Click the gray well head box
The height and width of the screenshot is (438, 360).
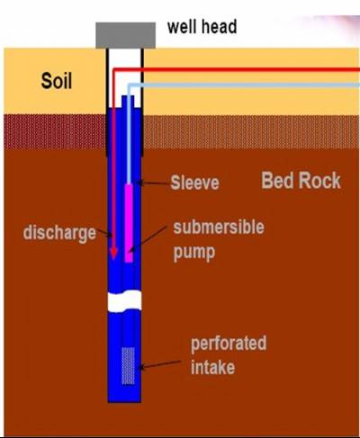126,35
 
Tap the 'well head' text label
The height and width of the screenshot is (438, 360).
202,27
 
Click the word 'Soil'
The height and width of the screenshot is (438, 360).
57,81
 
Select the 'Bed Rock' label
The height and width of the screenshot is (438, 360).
301,181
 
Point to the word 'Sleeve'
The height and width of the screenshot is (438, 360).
194,183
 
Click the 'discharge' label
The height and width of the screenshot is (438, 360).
59,233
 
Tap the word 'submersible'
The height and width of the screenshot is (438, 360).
219,227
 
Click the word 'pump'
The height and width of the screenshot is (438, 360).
194,253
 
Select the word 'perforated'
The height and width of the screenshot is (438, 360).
229,344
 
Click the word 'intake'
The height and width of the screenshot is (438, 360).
212,367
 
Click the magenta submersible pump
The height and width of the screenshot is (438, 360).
129,223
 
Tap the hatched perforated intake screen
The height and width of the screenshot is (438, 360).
128,366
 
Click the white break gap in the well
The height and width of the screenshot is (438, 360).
124,301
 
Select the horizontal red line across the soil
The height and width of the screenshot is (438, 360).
237,70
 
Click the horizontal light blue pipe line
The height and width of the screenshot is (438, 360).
244,85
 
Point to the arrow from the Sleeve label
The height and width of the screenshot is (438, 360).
153,183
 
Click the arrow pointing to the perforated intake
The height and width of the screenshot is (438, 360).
160,364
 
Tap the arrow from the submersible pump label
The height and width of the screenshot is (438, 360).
148,239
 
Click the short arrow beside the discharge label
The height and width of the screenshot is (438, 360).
103,233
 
